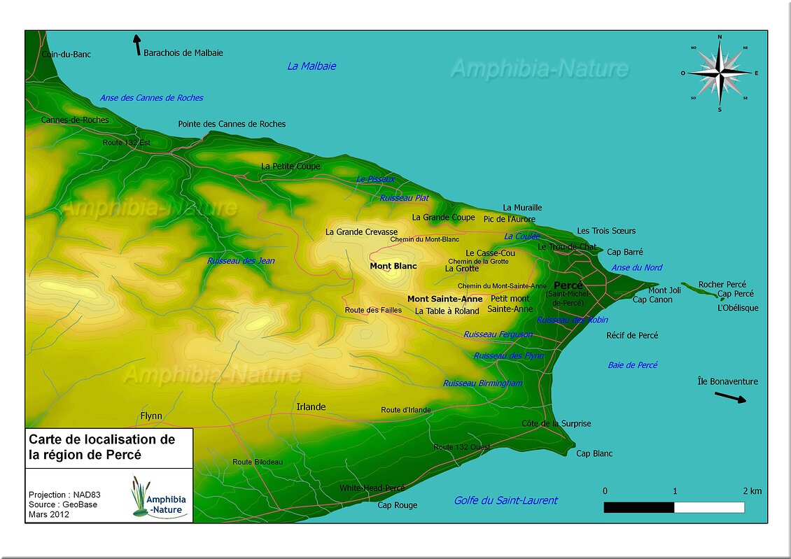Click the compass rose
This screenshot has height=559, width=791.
(x=720, y=72)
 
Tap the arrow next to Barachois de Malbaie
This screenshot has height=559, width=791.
(x=137, y=45)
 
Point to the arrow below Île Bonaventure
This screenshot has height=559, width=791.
(x=730, y=397)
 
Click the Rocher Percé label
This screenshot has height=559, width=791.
(x=722, y=285)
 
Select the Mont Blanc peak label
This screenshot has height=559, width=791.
(x=393, y=266)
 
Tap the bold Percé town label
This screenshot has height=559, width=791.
(x=568, y=285)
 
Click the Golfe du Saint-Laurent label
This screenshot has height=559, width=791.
(x=505, y=500)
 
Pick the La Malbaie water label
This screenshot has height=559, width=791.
(x=311, y=66)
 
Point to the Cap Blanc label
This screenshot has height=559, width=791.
(x=594, y=453)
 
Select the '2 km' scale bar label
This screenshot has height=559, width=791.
(x=752, y=491)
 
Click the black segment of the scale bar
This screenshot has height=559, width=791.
(x=639, y=507)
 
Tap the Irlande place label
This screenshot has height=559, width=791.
(x=311, y=406)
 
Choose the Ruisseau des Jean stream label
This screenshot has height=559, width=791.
(x=241, y=261)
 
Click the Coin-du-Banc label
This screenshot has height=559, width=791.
(x=66, y=54)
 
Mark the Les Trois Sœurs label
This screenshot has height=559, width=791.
(x=606, y=231)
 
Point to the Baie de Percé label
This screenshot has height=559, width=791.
(x=633, y=365)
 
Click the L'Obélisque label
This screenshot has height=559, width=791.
(x=738, y=308)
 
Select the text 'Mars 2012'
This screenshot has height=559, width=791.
(x=49, y=514)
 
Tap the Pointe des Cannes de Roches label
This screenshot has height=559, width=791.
(x=232, y=124)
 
